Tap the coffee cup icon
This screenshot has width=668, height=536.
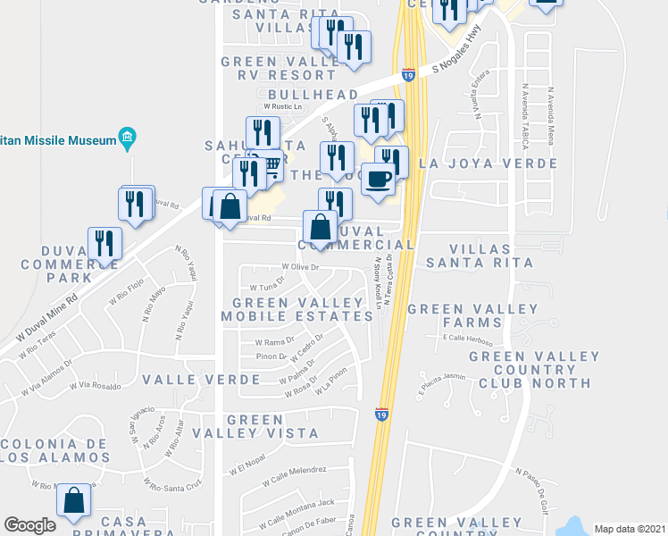coord(378,177)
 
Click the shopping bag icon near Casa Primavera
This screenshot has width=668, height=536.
coord(74,502)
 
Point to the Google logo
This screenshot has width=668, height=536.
coord(29,525)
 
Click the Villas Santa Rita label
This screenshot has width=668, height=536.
coord(480,255)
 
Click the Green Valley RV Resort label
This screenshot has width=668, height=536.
coord(279,68)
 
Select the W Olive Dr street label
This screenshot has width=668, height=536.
coord(300,267)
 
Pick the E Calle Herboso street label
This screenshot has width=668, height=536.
coord(467,338)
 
